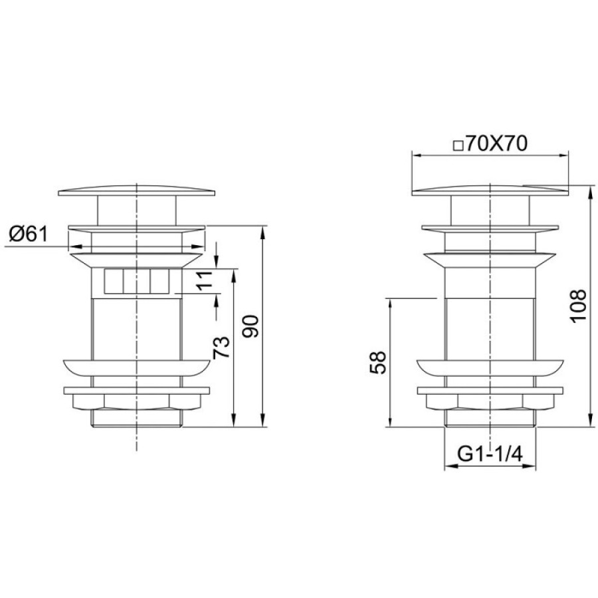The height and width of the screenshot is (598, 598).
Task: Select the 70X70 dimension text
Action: coord(496,144)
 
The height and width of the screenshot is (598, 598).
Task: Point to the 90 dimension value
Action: coord(251,326)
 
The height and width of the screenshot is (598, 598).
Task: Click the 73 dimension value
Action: coord(221,348)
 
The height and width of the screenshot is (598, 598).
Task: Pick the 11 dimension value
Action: coord(205,281)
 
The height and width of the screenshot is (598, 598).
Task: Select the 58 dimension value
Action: coord(378,363)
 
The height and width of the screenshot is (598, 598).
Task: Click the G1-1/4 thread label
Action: coord(490,454)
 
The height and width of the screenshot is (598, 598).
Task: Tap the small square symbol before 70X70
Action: coord(458,146)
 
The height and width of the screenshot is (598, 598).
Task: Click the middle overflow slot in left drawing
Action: coord(136,281)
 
